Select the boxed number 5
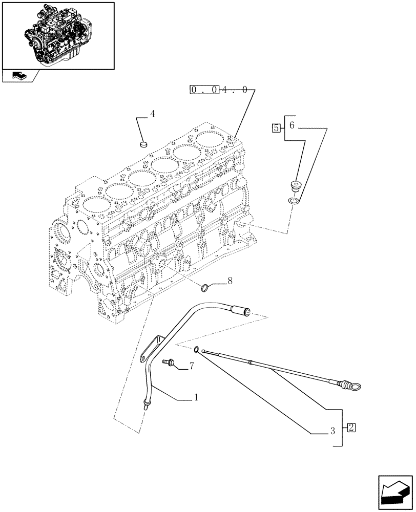pyautogui.click(x=277, y=128)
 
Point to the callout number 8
pyautogui.click(x=230, y=281)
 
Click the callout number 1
pyautogui.click(x=196, y=397)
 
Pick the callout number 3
pyautogui.click(x=332, y=431)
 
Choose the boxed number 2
pyautogui.click(x=350, y=427)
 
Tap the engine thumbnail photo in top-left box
pyautogui.click(x=57, y=34)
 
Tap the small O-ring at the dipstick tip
pyautogui.click(x=197, y=350)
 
